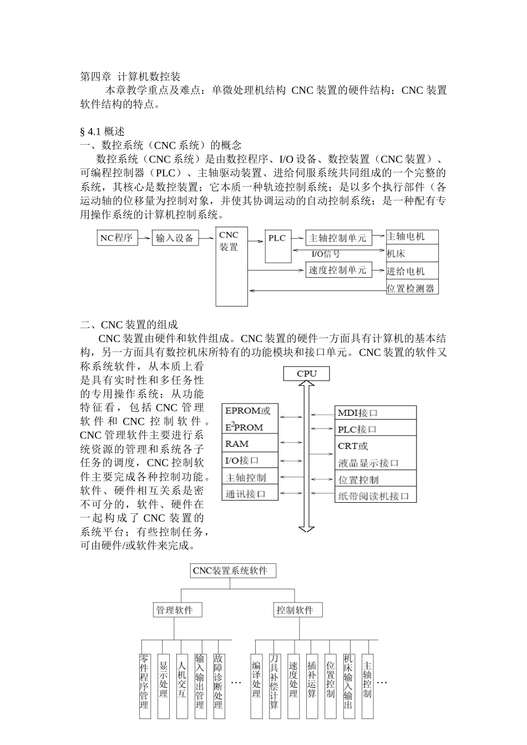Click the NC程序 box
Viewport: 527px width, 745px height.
[116, 238]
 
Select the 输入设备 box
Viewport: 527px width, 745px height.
[175, 238]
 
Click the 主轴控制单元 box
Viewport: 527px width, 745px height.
[338, 238]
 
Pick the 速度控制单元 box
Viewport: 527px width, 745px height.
[338, 271]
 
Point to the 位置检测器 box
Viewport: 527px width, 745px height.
[412, 288]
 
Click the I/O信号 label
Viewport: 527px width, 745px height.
[326, 254]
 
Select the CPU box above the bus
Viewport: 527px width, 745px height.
[307, 374]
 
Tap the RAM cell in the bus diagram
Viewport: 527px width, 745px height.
[250, 443]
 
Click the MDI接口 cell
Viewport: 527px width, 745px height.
[376, 413]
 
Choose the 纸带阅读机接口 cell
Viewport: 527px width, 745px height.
[376, 496]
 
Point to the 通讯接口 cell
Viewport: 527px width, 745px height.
[250, 493]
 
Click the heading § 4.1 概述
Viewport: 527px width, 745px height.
[103, 131]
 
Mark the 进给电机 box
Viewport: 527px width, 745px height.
[412, 271]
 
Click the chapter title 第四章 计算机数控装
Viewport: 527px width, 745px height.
[130, 76]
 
